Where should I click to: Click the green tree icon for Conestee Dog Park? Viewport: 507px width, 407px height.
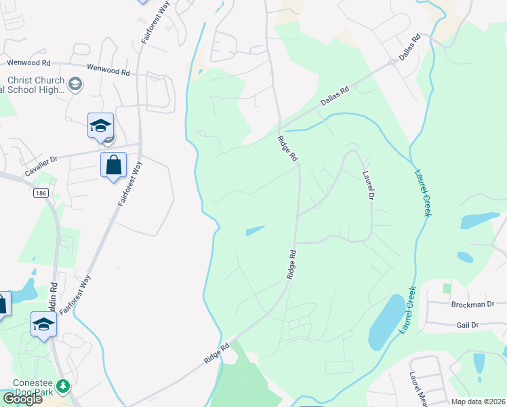63,385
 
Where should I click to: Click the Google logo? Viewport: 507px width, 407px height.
22,399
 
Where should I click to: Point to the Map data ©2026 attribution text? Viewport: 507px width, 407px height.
478,402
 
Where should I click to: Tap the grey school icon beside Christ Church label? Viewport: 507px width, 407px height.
75,84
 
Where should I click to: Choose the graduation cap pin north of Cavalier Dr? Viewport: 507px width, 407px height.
100,126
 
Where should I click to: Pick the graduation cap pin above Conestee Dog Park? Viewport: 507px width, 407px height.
43,325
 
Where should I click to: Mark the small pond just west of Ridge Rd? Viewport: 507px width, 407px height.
255,231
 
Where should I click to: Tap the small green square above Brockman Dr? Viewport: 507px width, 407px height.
447,288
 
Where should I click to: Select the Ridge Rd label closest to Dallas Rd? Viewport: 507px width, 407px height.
287,148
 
